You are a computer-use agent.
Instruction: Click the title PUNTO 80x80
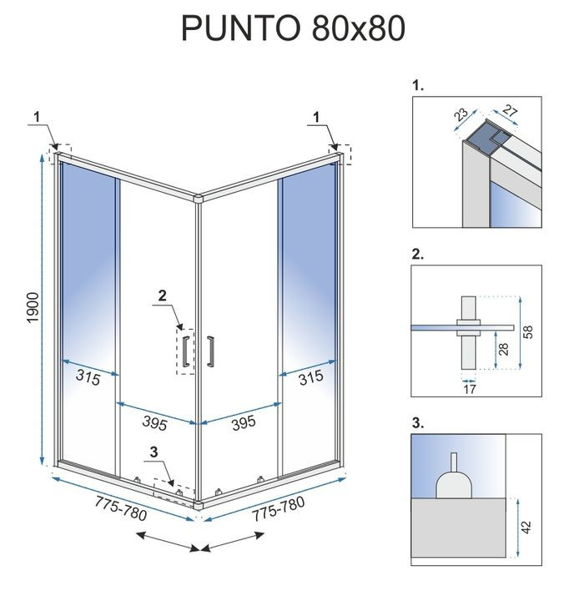293,28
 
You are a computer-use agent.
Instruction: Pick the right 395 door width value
242,423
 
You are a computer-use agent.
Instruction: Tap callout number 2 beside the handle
163,295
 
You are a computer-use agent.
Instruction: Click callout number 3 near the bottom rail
153,453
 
